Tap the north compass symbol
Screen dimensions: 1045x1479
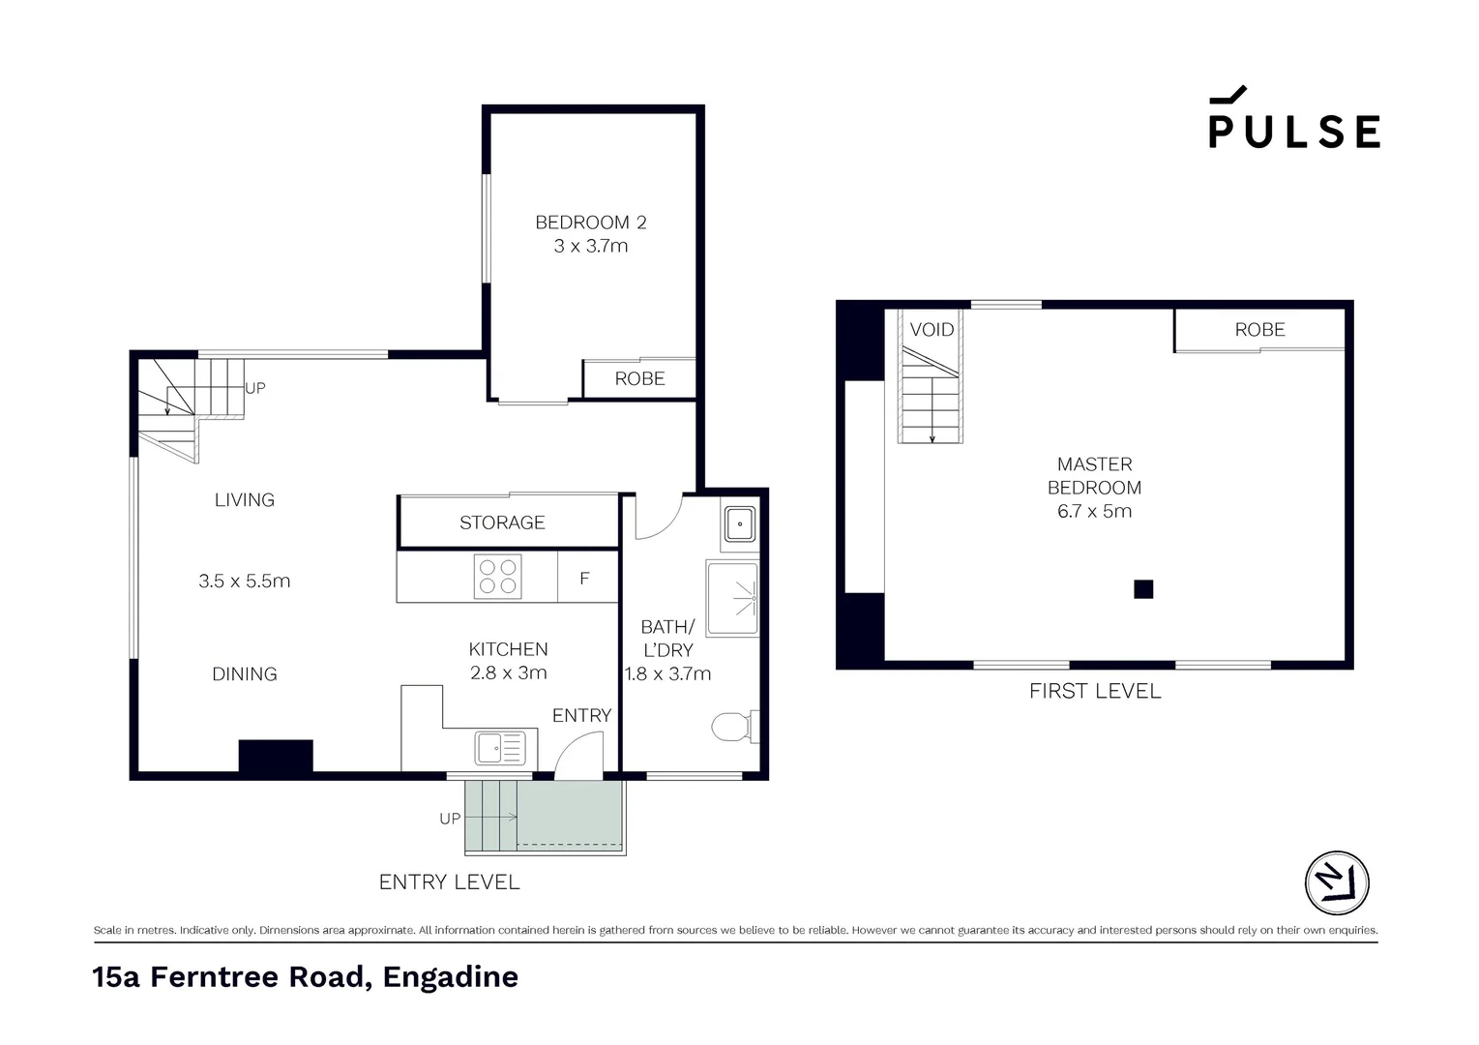[x=1337, y=882]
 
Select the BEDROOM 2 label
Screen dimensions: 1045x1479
[x=590, y=223]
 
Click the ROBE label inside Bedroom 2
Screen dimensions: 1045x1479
[x=639, y=379]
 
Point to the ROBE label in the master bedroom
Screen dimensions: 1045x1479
[x=1259, y=330]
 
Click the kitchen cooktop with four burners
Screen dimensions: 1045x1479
[x=497, y=577]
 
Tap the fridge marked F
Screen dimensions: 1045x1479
[x=584, y=579]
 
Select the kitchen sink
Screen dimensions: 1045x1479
[x=499, y=748]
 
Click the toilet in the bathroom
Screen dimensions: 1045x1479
[x=732, y=727]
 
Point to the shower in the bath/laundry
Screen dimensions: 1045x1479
[x=732, y=598]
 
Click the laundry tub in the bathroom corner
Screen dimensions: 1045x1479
[x=740, y=524]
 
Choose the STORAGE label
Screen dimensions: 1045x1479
[x=502, y=522]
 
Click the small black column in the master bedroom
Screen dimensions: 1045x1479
[x=1143, y=589]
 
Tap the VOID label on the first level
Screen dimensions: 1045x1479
[x=932, y=330]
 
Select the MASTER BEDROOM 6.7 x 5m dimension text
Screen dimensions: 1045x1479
[x=1094, y=511]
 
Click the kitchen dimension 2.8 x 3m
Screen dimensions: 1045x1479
[x=508, y=672]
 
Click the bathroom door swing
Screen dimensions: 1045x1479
[x=658, y=518]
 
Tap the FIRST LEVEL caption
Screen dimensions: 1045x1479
[x=1094, y=691]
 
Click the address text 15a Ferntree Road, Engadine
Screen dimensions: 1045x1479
[x=305, y=977]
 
